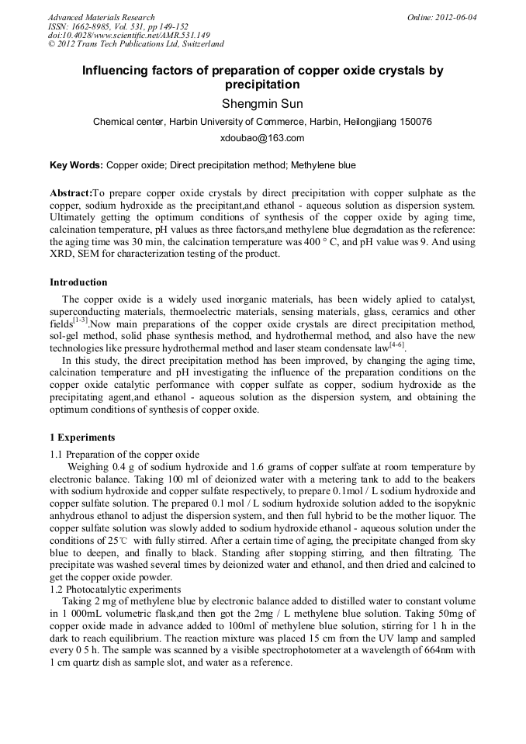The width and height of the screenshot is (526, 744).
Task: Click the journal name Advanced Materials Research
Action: (x=101, y=17)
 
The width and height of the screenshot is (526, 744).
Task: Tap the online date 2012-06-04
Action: (x=456, y=17)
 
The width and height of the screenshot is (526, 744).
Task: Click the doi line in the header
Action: (x=129, y=35)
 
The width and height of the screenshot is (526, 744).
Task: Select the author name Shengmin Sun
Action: (x=262, y=104)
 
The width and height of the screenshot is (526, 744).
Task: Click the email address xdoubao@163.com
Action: (x=262, y=138)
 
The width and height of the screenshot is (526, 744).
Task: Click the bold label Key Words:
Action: (x=76, y=165)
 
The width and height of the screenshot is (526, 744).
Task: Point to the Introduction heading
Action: (x=78, y=282)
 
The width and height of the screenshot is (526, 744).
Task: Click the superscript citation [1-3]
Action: (x=81, y=319)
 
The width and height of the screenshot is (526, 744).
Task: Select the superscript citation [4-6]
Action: (x=396, y=344)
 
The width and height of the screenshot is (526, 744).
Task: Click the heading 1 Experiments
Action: (x=82, y=438)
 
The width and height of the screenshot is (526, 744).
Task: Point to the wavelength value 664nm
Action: (x=440, y=651)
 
